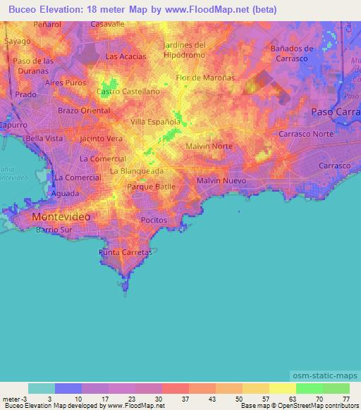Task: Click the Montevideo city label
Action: (x=61, y=218)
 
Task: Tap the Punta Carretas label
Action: (x=126, y=252)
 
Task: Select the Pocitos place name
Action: (x=153, y=220)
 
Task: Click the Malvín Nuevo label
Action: (x=221, y=181)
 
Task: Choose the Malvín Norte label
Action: (x=209, y=146)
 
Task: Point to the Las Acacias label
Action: (x=126, y=56)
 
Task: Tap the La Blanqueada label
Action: (x=142, y=171)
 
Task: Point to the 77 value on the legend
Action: (x=345, y=398)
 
